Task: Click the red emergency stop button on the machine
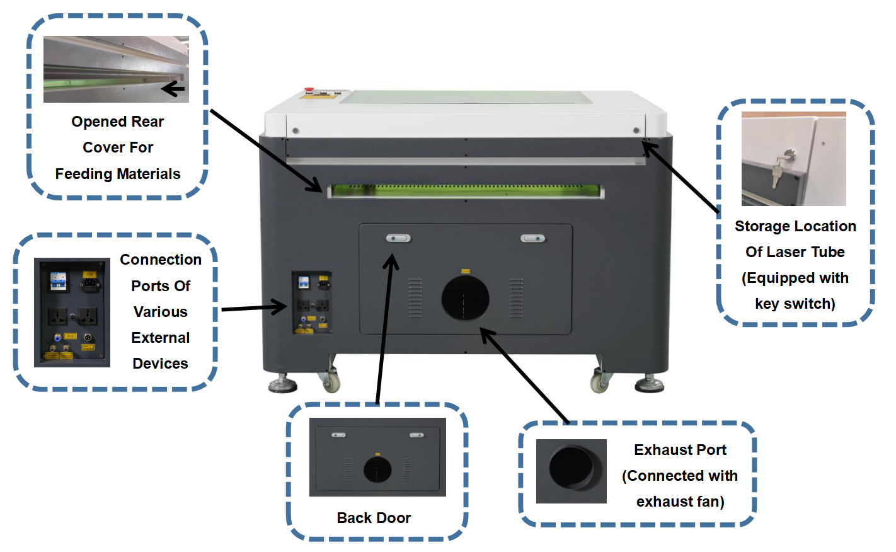tap(309, 90)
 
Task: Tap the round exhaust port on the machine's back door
tap(465, 297)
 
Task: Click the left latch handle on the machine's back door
tap(398, 238)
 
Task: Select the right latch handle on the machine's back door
tap(533, 238)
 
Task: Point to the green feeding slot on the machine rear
tap(465, 190)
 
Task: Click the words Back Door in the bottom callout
tap(374, 518)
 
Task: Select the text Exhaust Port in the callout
tap(680, 450)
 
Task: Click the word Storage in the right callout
tap(761, 226)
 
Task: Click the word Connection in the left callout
tap(161, 260)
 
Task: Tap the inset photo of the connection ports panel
tap(72, 313)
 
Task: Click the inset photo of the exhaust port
tap(571, 471)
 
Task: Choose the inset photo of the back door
tap(377, 457)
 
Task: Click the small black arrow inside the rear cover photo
tap(173, 89)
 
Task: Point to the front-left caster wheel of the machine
tap(331, 381)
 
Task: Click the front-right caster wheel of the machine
tap(599, 382)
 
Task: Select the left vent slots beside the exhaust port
tap(415, 297)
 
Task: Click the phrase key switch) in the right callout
tap(795, 304)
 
